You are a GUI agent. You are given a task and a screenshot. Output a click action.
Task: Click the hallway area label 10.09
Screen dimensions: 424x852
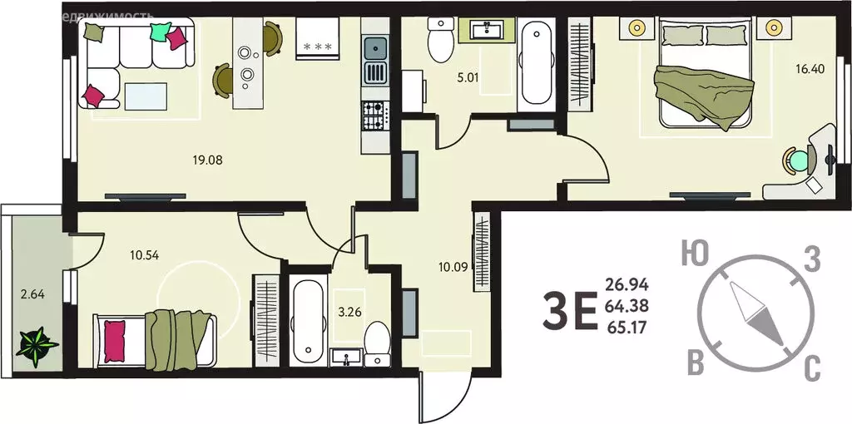[453, 267]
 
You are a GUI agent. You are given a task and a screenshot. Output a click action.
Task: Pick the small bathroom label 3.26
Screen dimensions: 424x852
[349, 313]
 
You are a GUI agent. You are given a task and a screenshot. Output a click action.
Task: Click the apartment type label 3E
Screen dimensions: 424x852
[569, 312]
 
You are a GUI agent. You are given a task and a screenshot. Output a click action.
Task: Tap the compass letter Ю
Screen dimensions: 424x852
[689, 253]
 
